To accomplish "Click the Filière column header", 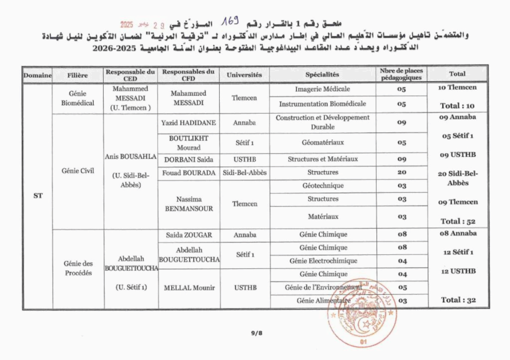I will click(x=78, y=75).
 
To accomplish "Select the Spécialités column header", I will click(x=322, y=75).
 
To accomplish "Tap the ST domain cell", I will click(x=38, y=196).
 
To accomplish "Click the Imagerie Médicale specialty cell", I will click(x=322, y=89).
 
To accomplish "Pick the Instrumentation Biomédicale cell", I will click(x=322, y=104).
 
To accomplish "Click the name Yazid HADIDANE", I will click(x=189, y=122).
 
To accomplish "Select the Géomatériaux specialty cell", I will click(x=322, y=142).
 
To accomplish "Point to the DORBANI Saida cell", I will click(x=189, y=159).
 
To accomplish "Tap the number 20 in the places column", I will click(x=401, y=172).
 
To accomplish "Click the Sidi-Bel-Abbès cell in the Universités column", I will click(x=245, y=173).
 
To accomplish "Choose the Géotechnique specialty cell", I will click(x=322, y=186).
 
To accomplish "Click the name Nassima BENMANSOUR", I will click(x=189, y=204).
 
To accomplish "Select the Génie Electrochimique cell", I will click(x=323, y=261).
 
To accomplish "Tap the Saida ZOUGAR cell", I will click(x=189, y=235).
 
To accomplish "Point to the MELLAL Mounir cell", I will click(x=189, y=288).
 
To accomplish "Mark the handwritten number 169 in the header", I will click(x=231, y=21).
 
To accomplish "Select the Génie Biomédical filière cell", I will click(x=78, y=98).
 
